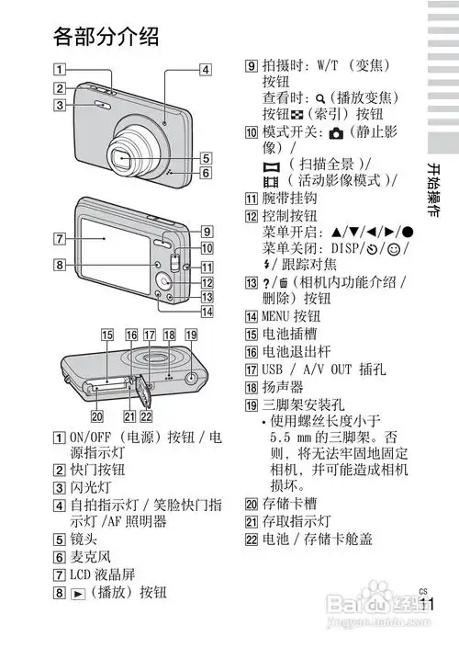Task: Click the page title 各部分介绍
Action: click(x=106, y=36)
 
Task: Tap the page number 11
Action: click(x=425, y=605)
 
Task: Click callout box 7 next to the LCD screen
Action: click(x=59, y=240)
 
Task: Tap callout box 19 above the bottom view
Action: click(x=191, y=335)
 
